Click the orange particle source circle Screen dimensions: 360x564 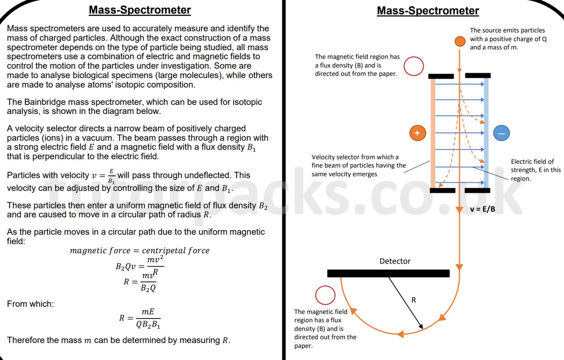pos(460,41)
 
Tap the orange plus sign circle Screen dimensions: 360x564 pos(417,133)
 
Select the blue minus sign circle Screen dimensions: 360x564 pos(501,133)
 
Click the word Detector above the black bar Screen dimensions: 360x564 pos(395,261)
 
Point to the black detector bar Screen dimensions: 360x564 pos(388,273)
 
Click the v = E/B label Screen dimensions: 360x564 pos(482,209)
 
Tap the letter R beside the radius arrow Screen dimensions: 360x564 pos(413,300)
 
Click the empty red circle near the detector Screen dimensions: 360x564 pos(325,295)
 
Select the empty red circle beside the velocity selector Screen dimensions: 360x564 pos(413,66)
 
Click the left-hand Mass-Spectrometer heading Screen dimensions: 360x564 pos(140,10)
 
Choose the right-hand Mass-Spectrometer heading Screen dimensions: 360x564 pos(428,11)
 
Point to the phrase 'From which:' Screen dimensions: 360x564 pos(30,304)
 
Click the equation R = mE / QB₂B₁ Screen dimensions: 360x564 pos(140,318)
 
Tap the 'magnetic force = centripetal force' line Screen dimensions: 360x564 pos(140,251)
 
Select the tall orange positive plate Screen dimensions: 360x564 pos(433,133)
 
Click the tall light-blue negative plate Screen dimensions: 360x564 pos(486,133)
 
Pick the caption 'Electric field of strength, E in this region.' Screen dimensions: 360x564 pos(535,170)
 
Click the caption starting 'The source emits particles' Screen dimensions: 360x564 pos(508,39)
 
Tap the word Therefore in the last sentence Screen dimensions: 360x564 pos(26,340)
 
